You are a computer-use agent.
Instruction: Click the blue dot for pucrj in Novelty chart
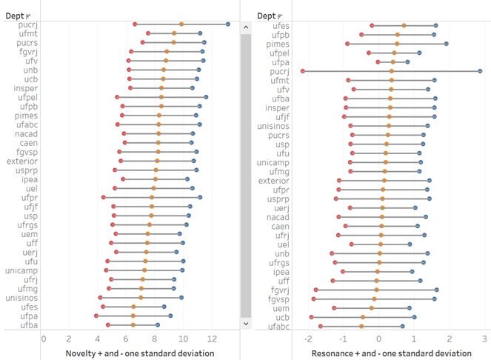pyautogui.click(x=227, y=24)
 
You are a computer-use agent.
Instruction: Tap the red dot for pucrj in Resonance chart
pyautogui.click(x=303, y=71)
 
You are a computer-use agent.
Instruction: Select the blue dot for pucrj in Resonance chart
pyautogui.click(x=480, y=71)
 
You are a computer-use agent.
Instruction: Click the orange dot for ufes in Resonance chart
pyautogui.click(x=404, y=25)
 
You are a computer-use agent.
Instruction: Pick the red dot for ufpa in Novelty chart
pyautogui.click(x=96, y=316)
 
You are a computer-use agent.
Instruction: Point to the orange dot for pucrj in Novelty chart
pyautogui.click(x=181, y=24)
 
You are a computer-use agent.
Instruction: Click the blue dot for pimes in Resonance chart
pyautogui.click(x=446, y=44)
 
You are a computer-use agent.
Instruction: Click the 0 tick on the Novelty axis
pyautogui.click(x=44, y=339)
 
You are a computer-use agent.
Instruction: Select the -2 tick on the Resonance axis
pyautogui.click(x=307, y=339)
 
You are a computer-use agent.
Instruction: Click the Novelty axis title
pyautogui.click(x=140, y=353)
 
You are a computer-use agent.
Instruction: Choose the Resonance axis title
pyautogui.click(x=391, y=353)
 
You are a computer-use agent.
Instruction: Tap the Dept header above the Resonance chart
pyautogui.click(x=267, y=16)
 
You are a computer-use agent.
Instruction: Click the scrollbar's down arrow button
pyautogui.click(x=244, y=324)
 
